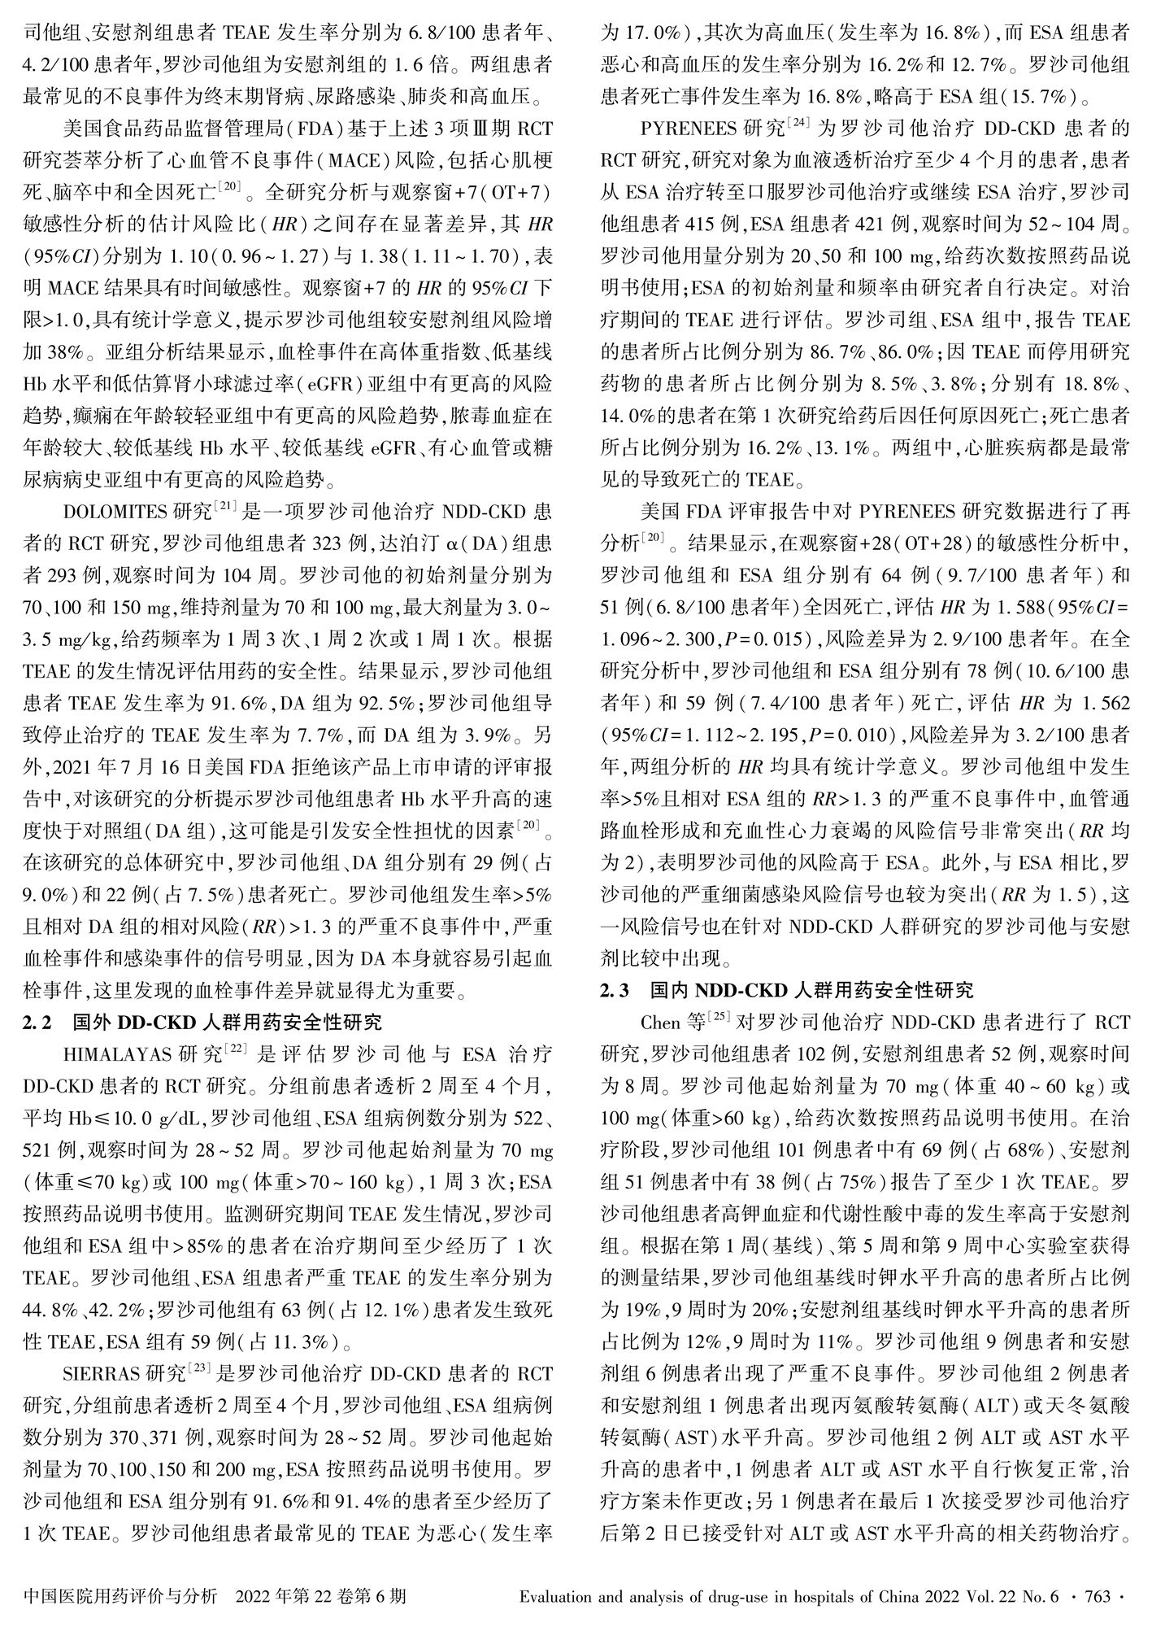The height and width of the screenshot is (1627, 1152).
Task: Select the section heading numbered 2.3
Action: (x=785, y=991)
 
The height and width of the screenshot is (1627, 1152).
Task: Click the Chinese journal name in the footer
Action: (x=121, y=1597)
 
